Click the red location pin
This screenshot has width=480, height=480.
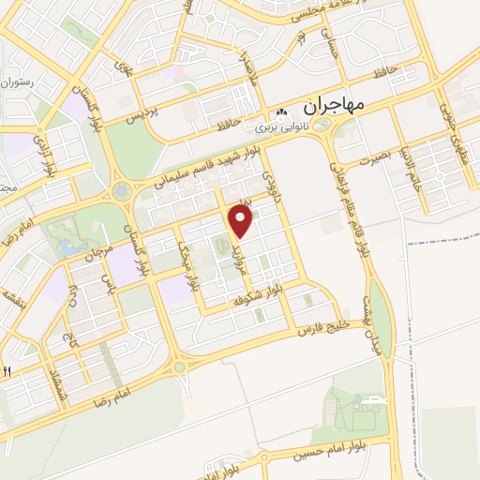coord(242,221)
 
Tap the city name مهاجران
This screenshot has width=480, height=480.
coord(335,101)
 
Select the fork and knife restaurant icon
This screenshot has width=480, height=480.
coord(6,371)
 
